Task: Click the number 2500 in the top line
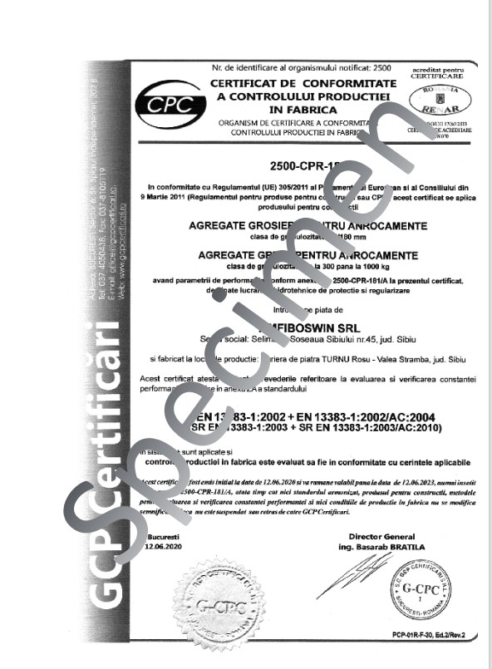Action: (x=382, y=66)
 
